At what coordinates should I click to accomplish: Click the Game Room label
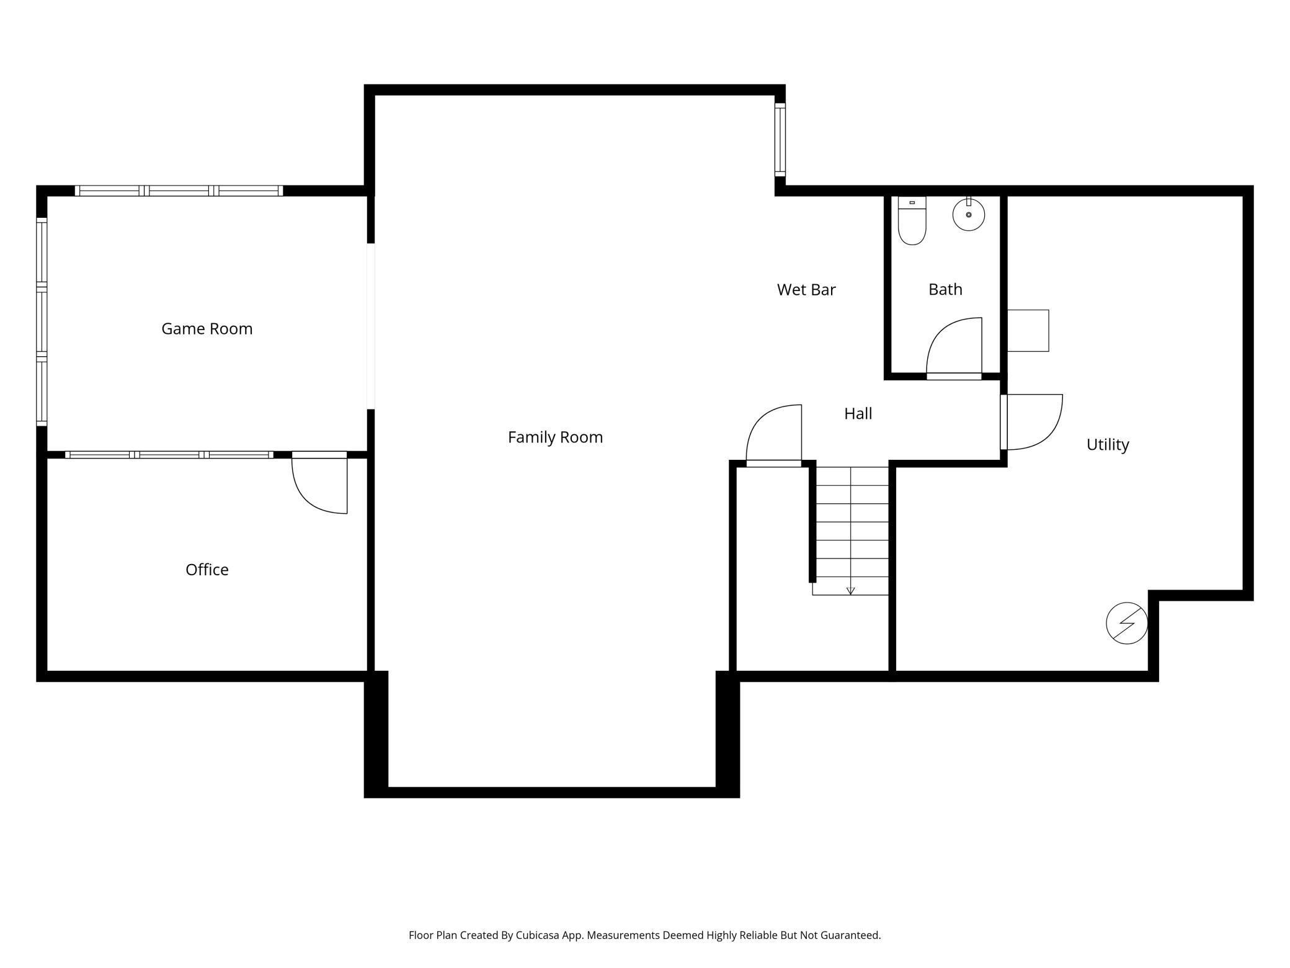[207, 329]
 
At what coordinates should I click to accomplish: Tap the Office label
[207, 570]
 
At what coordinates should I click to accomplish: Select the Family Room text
[555, 437]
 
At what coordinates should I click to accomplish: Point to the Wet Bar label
[806, 290]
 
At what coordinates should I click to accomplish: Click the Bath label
[945, 289]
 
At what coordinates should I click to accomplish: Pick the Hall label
[858, 414]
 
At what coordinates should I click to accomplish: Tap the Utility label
[1108, 445]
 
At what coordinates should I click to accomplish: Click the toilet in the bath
[912, 221]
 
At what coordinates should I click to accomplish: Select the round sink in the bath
[969, 214]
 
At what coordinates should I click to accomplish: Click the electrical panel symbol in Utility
[1127, 623]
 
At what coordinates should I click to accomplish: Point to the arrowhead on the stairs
[850, 591]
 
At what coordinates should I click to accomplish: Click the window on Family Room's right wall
[780, 140]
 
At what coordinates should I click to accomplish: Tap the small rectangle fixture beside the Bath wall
[1028, 331]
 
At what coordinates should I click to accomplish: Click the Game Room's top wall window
[179, 190]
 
